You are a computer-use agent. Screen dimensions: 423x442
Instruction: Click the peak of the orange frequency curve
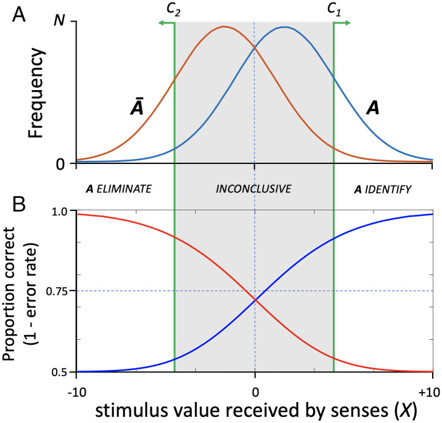click(225, 27)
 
